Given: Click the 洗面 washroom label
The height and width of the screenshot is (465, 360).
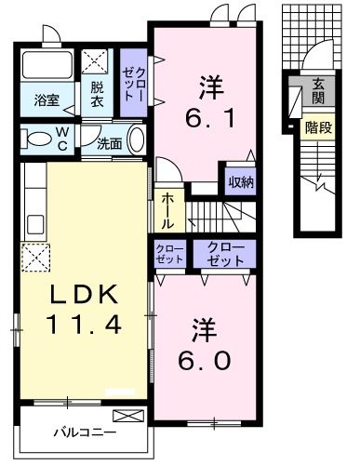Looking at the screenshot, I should [110, 143].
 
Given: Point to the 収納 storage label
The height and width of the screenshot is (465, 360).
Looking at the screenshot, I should [241, 180].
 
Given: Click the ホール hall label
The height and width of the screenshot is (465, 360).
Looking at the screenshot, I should [167, 210].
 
